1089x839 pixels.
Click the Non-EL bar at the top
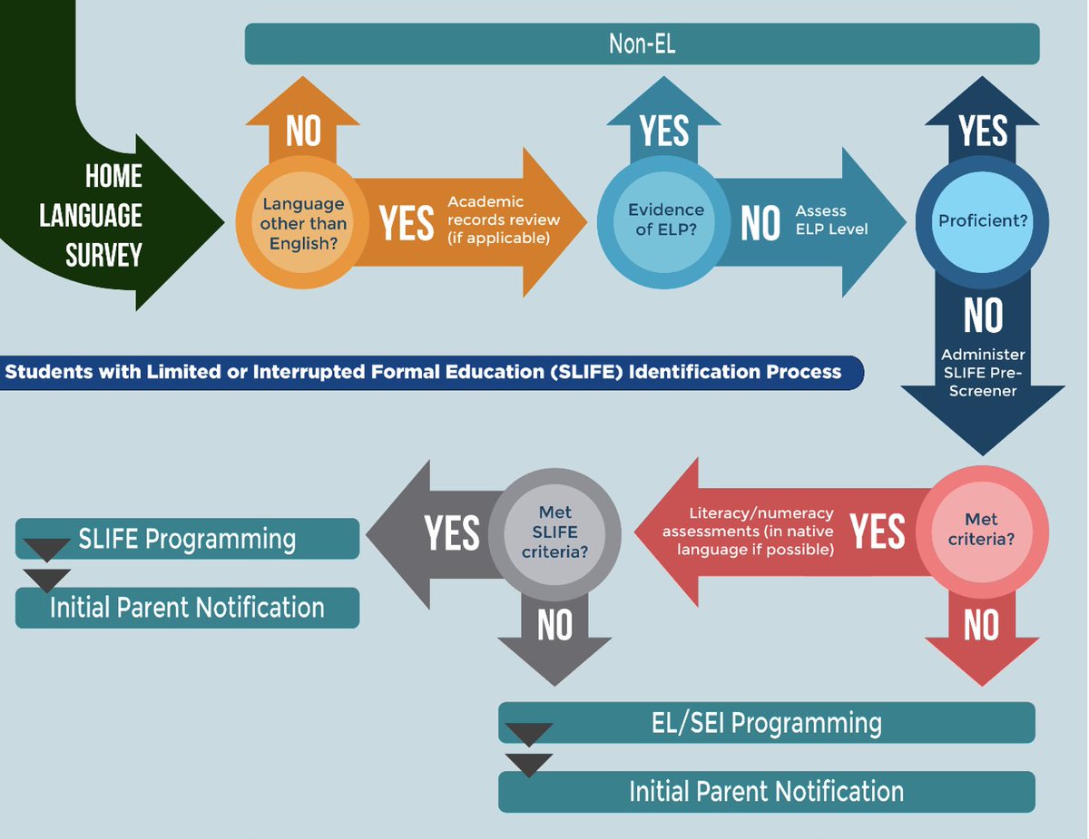click(x=642, y=44)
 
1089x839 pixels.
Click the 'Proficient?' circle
click(x=983, y=220)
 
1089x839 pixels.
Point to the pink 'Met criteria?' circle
click(x=982, y=529)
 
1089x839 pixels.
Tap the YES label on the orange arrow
click(x=406, y=223)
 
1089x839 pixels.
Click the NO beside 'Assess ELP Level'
click(x=760, y=223)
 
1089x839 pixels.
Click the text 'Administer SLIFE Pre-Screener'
click(x=983, y=373)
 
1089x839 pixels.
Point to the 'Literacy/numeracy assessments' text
click(x=748, y=532)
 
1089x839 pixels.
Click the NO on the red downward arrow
click(x=982, y=626)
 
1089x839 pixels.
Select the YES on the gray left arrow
click(x=451, y=532)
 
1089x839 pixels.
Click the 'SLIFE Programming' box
click(x=187, y=539)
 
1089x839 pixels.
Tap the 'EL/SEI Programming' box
click(x=767, y=723)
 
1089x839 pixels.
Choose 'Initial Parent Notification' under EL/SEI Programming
click(x=767, y=791)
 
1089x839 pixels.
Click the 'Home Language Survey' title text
click(x=103, y=216)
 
